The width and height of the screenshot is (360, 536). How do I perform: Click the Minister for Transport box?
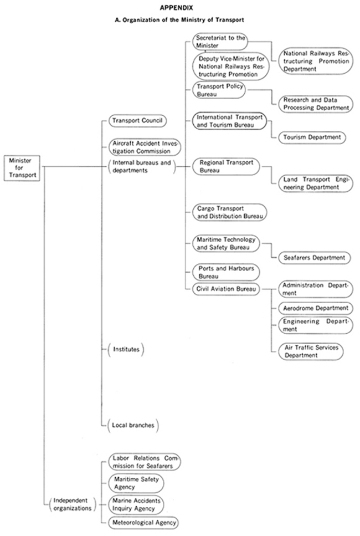click(x=22, y=168)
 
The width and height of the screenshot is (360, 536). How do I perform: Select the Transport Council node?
click(x=137, y=121)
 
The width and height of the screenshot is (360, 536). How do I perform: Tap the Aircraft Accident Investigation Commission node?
click(x=145, y=147)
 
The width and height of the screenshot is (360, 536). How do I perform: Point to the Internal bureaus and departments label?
click(x=141, y=166)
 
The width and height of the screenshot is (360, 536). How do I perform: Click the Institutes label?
click(x=126, y=349)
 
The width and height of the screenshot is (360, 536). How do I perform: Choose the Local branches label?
click(x=133, y=425)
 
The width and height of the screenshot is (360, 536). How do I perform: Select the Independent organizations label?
click(x=73, y=504)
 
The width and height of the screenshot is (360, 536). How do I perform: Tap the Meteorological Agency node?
click(x=143, y=522)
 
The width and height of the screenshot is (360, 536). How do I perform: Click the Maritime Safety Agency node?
click(x=136, y=483)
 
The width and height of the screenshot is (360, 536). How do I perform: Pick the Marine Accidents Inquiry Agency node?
click(x=136, y=504)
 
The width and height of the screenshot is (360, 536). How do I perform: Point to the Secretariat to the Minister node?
click(x=220, y=42)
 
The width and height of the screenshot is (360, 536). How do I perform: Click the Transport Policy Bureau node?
click(x=219, y=90)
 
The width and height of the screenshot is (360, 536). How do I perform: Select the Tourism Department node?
click(x=312, y=137)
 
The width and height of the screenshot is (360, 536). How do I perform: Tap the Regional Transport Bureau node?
click(x=226, y=166)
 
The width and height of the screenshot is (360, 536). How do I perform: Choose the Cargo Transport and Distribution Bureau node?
click(x=229, y=212)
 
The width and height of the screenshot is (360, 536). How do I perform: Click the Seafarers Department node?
click(x=314, y=258)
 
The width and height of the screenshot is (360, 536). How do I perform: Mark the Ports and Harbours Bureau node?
click(x=226, y=272)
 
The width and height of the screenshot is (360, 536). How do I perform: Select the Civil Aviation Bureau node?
click(x=226, y=289)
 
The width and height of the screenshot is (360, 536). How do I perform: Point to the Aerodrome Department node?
click(x=316, y=308)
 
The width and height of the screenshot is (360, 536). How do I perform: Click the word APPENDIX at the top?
click(x=176, y=8)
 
